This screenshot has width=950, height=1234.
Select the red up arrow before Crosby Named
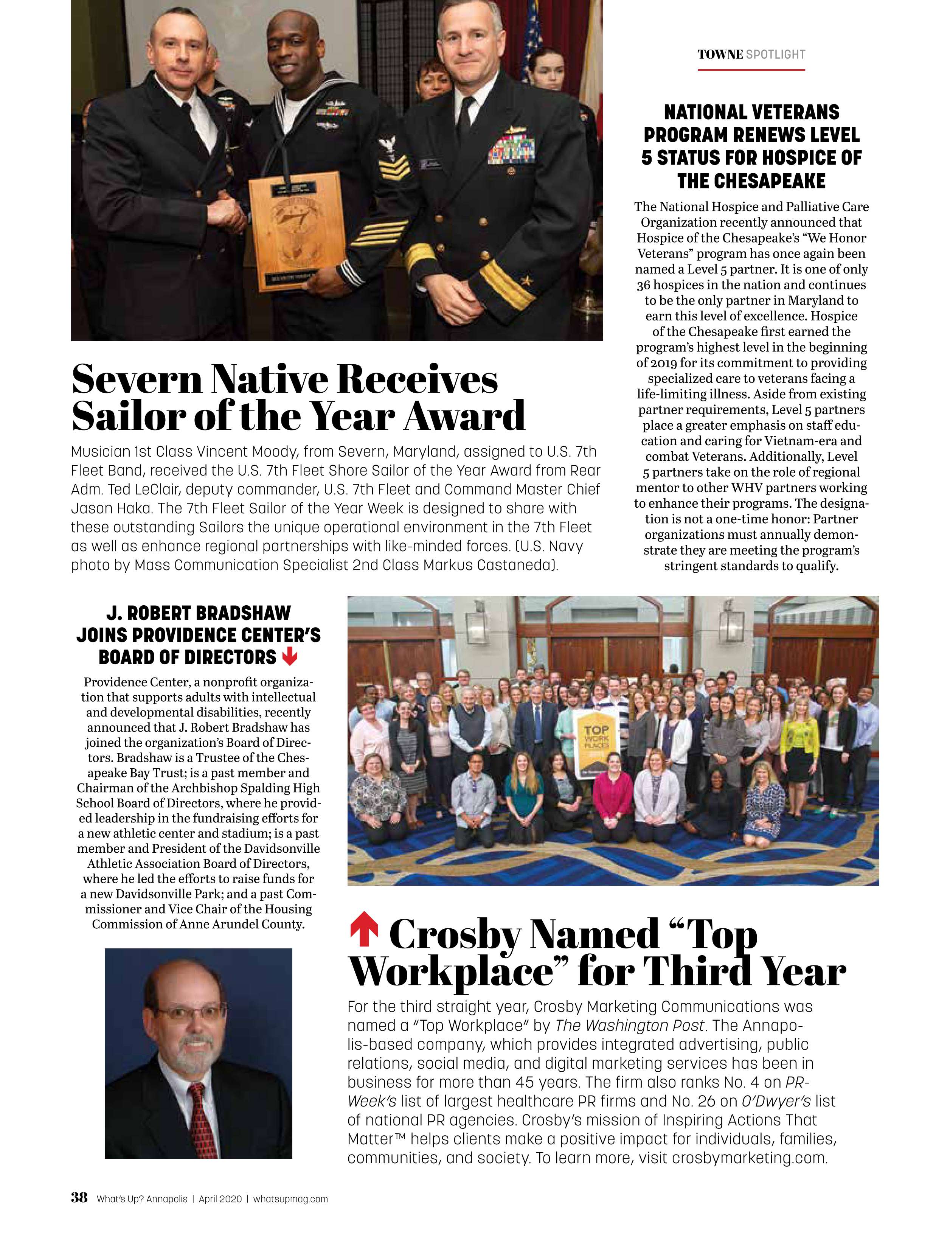(x=364, y=931)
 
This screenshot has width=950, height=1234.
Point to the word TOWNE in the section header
(x=720, y=55)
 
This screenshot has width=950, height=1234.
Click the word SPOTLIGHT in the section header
(x=776, y=55)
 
